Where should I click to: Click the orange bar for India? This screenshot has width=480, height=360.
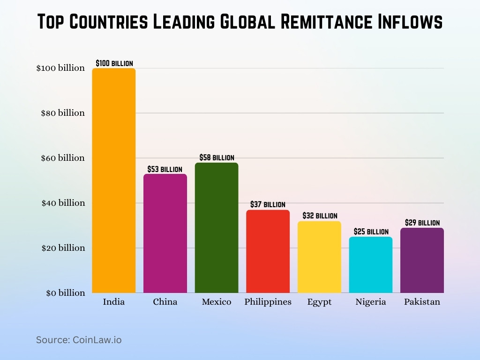pyautogui.click(x=114, y=180)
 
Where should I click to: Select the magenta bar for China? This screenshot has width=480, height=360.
pyautogui.click(x=165, y=233)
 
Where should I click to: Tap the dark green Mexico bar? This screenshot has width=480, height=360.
pyautogui.click(x=217, y=228)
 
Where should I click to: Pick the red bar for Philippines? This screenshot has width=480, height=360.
pyautogui.click(x=268, y=251)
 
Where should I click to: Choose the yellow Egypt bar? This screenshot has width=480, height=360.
pyautogui.click(x=319, y=257)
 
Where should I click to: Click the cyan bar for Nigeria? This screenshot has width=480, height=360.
pyautogui.click(x=371, y=265)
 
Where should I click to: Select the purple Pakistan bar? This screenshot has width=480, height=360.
pyautogui.click(x=422, y=260)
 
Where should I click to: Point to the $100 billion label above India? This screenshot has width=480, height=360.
pyautogui.click(x=114, y=63)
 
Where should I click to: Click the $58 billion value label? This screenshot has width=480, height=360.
pyautogui.click(x=217, y=157)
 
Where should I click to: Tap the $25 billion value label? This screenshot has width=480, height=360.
pyautogui.click(x=371, y=232)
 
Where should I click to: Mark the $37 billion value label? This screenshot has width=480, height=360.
pyautogui.click(x=268, y=204)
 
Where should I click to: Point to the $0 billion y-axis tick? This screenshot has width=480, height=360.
pyautogui.click(x=65, y=293)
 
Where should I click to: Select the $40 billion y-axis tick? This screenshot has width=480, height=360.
pyautogui.click(x=63, y=203)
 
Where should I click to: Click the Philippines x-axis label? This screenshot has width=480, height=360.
pyautogui.click(x=268, y=302)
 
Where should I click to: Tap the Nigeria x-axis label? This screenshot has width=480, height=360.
pyautogui.click(x=371, y=302)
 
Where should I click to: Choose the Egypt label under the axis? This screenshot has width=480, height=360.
pyautogui.click(x=319, y=302)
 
